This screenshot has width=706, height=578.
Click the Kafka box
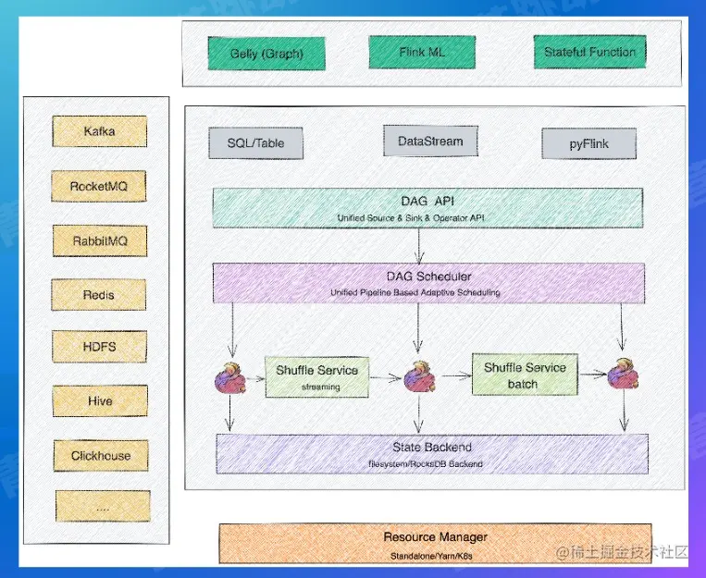[x=100, y=131]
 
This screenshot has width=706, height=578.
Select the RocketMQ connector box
[x=100, y=187]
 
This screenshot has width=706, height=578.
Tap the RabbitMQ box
[x=100, y=241]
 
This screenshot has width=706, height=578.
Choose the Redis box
[x=100, y=295]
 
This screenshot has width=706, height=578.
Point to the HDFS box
[x=100, y=348]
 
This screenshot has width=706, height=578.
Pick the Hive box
[x=100, y=401]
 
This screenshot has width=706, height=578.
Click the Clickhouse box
[x=101, y=455]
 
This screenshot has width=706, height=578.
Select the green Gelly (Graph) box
[x=266, y=54]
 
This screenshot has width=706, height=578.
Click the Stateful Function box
[x=589, y=52]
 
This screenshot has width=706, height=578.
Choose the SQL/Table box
[x=256, y=143]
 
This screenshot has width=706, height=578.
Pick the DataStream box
[x=424, y=141]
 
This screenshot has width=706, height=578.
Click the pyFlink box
[x=589, y=144]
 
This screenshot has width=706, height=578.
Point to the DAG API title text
[x=427, y=201]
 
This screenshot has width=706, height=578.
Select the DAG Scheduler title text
[x=428, y=277]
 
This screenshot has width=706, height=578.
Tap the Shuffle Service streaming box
[x=317, y=376]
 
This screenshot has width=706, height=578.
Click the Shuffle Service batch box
[x=525, y=375]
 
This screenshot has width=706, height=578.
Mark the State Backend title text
[x=431, y=448]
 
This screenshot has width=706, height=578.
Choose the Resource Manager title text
[x=435, y=536]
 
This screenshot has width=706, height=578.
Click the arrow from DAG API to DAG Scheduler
[x=420, y=245]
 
